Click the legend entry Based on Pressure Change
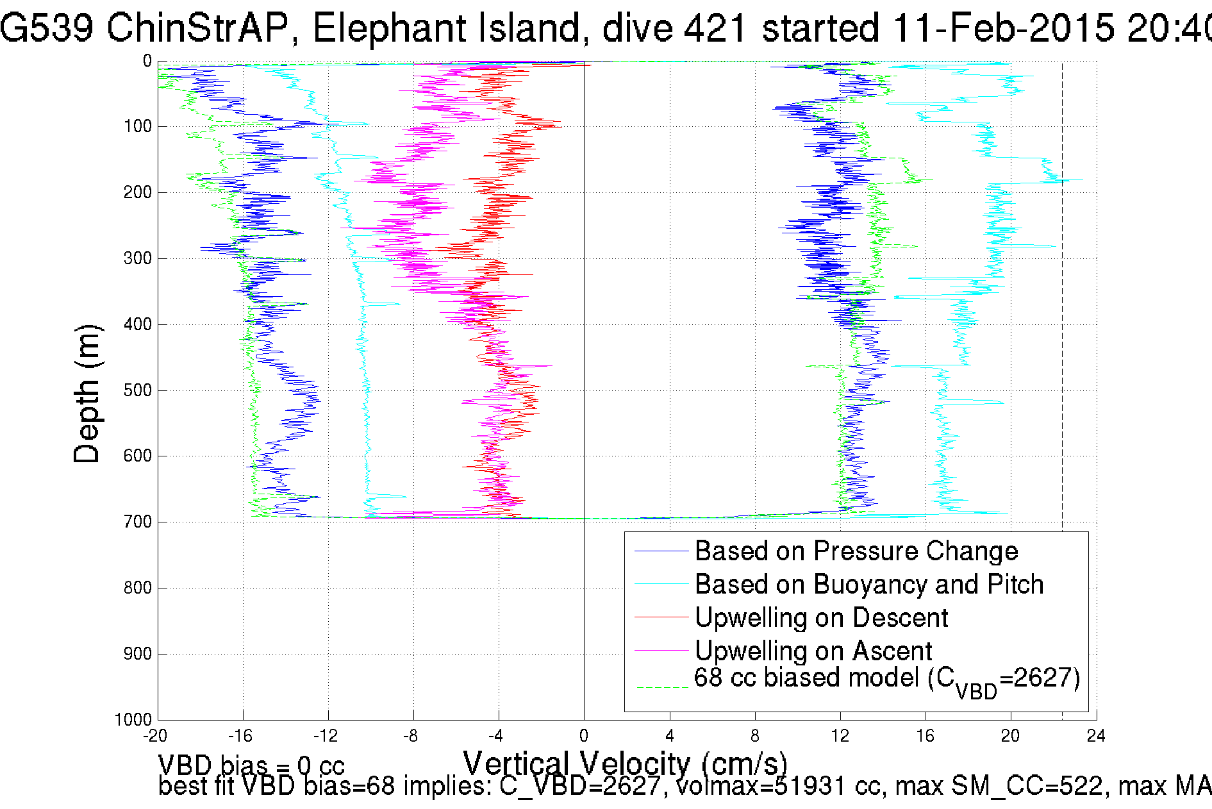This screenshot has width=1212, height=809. point(856,551)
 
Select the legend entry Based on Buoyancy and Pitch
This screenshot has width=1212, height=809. point(868,585)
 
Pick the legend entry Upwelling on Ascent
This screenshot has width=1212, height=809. point(813,651)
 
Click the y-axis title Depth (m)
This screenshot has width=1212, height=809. point(87,394)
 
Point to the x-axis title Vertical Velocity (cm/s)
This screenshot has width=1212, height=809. point(625,764)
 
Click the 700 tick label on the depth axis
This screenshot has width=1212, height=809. point(137,522)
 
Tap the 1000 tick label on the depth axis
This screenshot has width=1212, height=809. point(133,720)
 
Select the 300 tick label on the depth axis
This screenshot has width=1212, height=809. point(137,259)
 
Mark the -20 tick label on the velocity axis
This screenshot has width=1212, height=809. point(156,736)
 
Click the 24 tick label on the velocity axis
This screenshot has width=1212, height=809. point(1096,736)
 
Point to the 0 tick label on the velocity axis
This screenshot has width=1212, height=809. point(584,736)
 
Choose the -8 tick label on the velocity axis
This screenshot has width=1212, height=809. point(411,736)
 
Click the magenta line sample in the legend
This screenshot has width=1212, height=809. point(660,651)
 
